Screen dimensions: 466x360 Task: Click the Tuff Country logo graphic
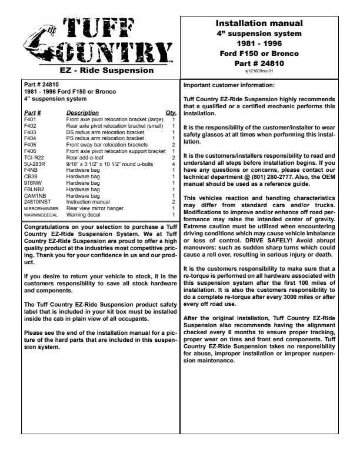point(98,42)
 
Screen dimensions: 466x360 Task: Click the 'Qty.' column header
point(171,112)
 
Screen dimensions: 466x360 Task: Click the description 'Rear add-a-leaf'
point(85,158)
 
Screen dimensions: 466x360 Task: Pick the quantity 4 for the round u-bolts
point(174,164)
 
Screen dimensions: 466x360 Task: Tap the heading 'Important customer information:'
point(234,85)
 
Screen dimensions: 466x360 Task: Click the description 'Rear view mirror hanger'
point(94,209)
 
